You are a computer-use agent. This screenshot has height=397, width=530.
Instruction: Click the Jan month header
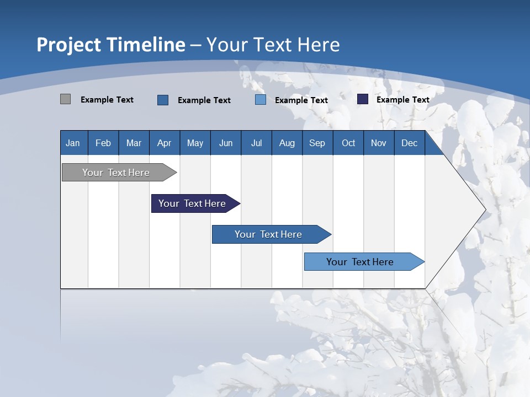[x=73, y=143]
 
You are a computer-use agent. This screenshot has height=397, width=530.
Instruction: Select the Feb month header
[x=103, y=143]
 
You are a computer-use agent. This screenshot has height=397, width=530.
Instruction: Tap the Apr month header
[x=165, y=143]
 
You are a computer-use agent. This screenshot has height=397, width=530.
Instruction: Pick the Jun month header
[x=226, y=143]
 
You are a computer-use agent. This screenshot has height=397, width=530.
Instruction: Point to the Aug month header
[x=287, y=143]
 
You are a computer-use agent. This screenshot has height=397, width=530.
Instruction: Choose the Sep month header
[x=317, y=143]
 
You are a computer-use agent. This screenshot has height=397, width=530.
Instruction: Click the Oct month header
[x=348, y=143]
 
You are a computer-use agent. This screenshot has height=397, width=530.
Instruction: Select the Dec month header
[x=410, y=143]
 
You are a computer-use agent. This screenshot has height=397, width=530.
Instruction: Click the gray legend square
[x=66, y=99]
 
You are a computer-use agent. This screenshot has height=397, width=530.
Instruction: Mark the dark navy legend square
[x=363, y=99]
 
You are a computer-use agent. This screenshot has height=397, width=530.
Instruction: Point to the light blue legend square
[x=261, y=100]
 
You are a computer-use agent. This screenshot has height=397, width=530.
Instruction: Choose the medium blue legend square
[x=163, y=100]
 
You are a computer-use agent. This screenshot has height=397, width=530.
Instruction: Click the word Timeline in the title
[x=146, y=45]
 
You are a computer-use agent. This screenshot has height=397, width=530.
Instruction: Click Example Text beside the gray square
[x=107, y=100]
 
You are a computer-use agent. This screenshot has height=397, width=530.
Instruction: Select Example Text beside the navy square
[x=403, y=100]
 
